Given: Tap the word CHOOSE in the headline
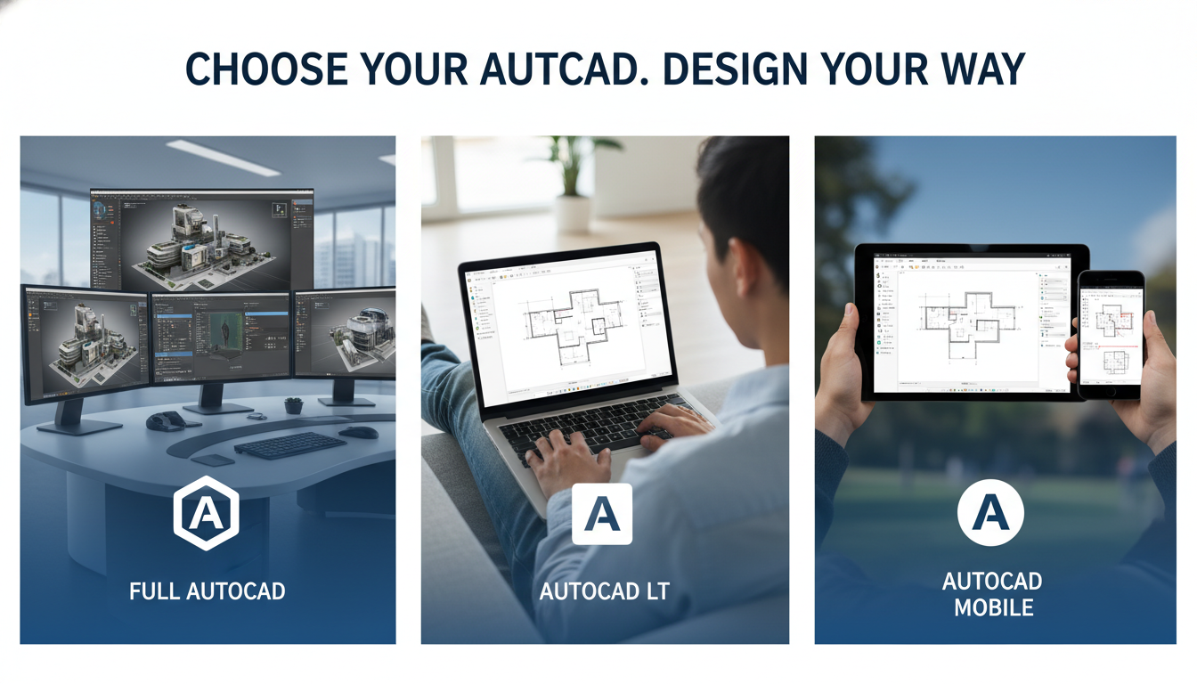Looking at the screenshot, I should pyautogui.click(x=265, y=70).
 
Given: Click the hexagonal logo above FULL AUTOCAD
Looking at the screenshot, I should pyautogui.click(x=206, y=515).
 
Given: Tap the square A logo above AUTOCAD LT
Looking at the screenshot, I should pyautogui.click(x=602, y=514).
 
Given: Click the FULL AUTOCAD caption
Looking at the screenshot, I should pyautogui.click(x=207, y=590).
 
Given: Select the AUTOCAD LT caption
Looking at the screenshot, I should pyautogui.click(x=604, y=590).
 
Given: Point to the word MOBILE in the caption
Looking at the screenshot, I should pyautogui.click(x=992, y=608).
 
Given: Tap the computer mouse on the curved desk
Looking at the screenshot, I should pyautogui.click(x=358, y=433).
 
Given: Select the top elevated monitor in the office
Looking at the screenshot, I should pyautogui.click(x=202, y=239).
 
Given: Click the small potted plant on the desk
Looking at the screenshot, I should pyautogui.click(x=294, y=405).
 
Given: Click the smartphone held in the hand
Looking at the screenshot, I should pyautogui.click(x=1110, y=334).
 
